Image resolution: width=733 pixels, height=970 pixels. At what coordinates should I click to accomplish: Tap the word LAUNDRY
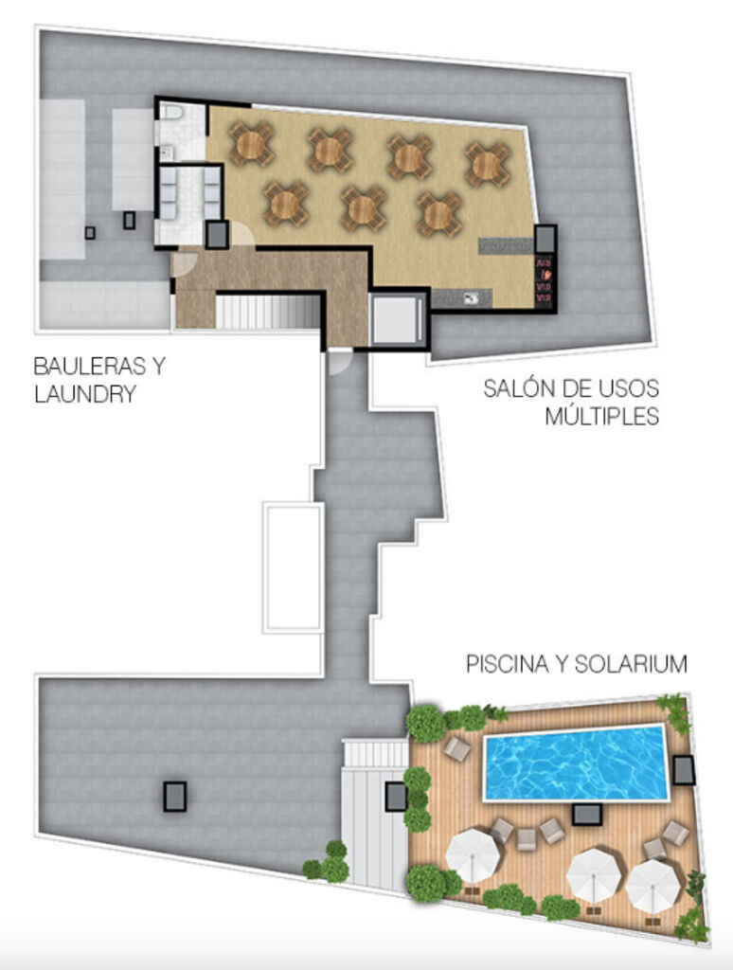[84, 394]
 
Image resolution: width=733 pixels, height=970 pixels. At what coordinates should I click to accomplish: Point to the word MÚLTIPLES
[601, 416]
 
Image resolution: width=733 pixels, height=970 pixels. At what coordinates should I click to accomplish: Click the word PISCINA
[508, 664]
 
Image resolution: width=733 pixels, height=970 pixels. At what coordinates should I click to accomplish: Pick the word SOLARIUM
[631, 664]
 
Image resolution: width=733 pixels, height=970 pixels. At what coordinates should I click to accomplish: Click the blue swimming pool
[575, 763]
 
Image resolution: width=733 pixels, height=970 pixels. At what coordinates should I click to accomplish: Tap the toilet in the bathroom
[171, 112]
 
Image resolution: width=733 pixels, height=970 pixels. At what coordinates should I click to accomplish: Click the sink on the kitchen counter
[472, 298]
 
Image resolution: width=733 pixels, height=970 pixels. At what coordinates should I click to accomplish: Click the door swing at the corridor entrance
[339, 361]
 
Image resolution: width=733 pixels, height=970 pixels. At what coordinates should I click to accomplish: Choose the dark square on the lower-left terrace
[175, 797]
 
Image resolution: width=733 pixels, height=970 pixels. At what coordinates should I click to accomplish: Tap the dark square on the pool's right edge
[684, 770]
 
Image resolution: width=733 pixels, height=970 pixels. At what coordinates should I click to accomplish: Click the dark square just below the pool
[586, 814]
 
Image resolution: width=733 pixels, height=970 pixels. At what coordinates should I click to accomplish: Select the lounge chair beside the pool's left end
[457, 748]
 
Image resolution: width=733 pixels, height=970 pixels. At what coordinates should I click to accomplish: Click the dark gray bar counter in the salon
[506, 246]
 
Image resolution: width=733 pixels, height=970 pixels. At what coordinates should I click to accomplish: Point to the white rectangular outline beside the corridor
[294, 568]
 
